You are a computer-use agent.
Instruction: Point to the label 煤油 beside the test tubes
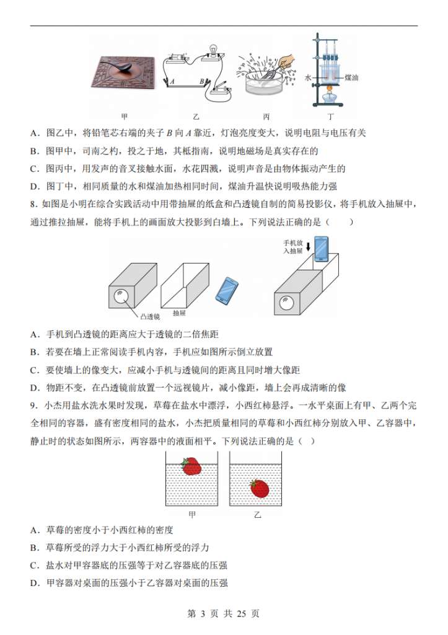(351, 78)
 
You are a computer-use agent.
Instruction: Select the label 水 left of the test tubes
(307, 78)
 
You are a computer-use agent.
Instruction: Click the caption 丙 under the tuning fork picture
(266, 116)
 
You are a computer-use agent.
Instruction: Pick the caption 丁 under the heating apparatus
(330, 116)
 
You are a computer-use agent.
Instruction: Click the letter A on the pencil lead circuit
(172, 81)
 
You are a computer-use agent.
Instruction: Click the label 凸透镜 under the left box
(151, 316)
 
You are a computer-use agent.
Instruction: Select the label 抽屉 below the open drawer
(179, 313)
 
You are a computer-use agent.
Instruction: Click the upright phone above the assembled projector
(321, 249)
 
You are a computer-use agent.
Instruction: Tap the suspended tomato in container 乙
(260, 488)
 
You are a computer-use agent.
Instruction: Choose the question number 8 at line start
(33, 204)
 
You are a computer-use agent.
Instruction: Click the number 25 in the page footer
(242, 613)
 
